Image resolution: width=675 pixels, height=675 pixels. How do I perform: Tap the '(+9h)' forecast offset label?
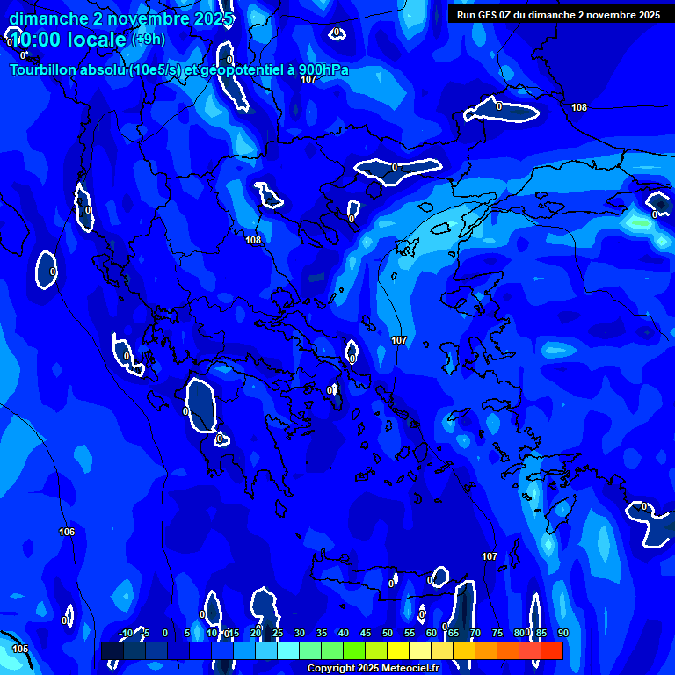148,40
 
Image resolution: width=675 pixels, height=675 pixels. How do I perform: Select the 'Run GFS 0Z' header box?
558,14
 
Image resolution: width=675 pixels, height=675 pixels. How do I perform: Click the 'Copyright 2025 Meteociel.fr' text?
385,669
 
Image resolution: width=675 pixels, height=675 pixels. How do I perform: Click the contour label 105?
20,649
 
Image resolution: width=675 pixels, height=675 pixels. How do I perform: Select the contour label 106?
67,532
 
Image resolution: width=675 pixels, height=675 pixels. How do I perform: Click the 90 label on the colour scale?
562,634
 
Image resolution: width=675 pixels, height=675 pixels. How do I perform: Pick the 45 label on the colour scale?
365,634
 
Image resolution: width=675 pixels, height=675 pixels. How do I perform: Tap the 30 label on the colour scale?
299,634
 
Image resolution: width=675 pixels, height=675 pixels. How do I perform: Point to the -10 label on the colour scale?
126,634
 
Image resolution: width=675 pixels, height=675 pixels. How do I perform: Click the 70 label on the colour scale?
475,634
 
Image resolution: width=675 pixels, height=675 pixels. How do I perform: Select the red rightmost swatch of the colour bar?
552,651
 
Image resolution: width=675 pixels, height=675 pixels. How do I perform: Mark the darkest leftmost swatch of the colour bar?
112,651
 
